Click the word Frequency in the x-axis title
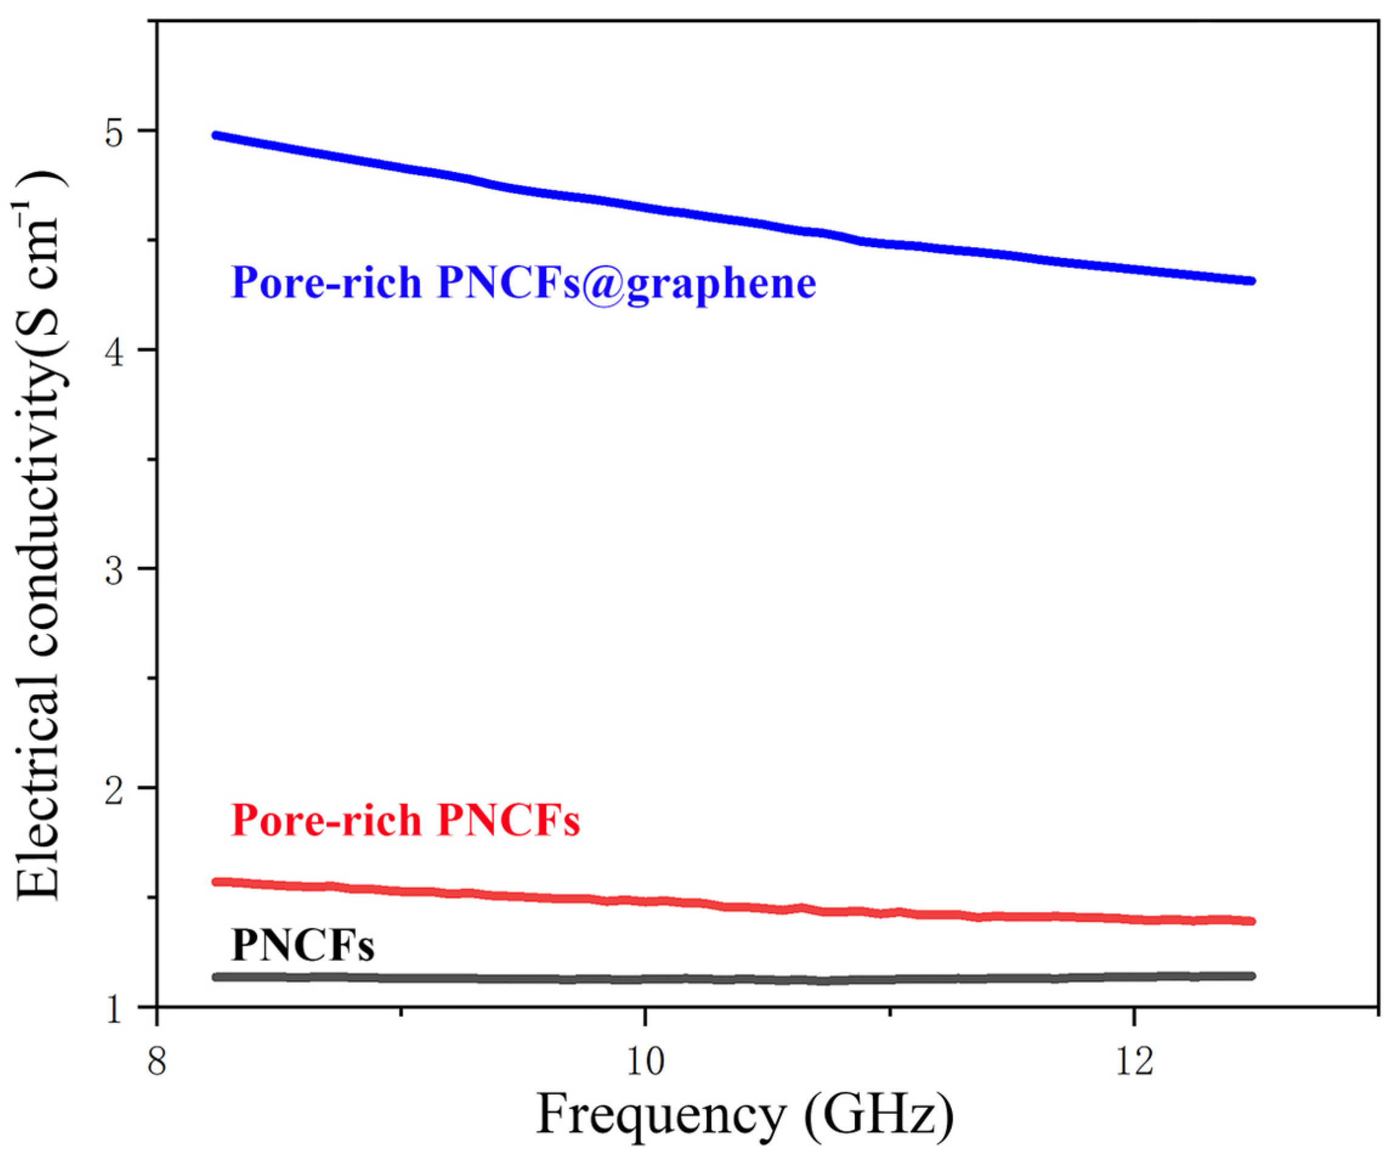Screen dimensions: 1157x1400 pos(661,1115)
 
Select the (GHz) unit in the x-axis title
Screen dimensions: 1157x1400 pos(878,1115)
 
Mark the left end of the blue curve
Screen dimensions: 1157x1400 pos(216,135)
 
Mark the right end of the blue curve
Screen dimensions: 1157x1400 pos(1251,280)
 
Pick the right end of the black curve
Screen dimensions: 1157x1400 pos(1251,975)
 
